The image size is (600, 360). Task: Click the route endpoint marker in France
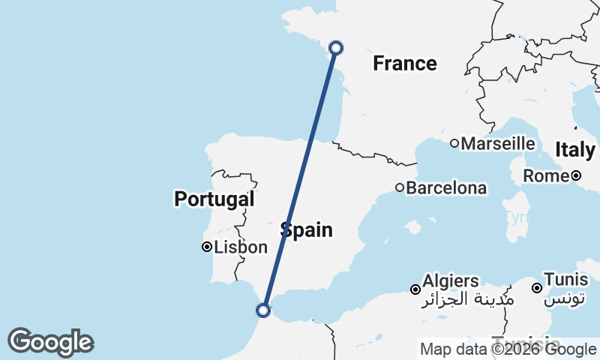pyautogui.click(x=337, y=47)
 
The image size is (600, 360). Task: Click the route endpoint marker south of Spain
pyautogui.click(x=263, y=310)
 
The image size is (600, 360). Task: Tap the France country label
pyautogui.click(x=405, y=64)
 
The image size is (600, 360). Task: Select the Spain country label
pyautogui.click(x=307, y=229)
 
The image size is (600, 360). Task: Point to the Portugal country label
pyautogui.click(x=214, y=199)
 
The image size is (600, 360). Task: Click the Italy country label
pyautogui.click(x=575, y=150)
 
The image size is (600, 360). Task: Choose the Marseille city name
pyautogui.click(x=498, y=143)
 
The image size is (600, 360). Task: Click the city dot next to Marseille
pyautogui.click(x=454, y=143)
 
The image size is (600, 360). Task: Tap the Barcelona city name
pyautogui.click(x=446, y=188)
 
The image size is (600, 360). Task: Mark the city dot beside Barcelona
pyautogui.click(x=400, y=188)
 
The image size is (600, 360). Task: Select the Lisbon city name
pyautogui.click(x=241, y=247)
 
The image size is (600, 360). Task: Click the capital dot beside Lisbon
pyautogui.click(x=207, y=247)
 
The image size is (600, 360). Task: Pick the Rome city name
pyautogui.click(x=545, y=176)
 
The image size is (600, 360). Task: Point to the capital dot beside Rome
pyautogui.click(x=575, y=176)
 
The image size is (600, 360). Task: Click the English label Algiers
pyautogui.click(x=451, y=280)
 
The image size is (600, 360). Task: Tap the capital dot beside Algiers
pyautogui.click(x=415, y=289)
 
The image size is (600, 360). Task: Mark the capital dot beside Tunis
pyautogui.click(x=537, y=288)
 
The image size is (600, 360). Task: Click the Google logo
pyautogui.click(x=50, y=342)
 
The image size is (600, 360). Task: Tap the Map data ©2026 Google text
pyautogui.click(x=508, y=349)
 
